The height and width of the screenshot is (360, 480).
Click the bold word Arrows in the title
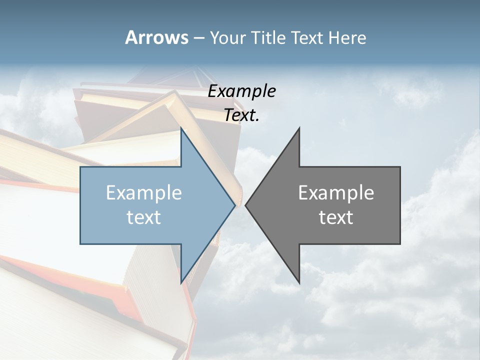(156, 37)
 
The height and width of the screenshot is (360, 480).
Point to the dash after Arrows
(198, 38)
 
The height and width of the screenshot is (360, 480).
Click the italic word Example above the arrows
(242, 91)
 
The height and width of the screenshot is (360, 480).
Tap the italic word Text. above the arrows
(242, 115)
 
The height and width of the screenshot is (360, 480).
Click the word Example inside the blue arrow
(144, 192)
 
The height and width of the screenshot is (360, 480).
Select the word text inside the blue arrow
(144, 217)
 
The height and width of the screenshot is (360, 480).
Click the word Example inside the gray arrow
(336, 192)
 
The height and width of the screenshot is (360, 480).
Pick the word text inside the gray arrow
(336, 217)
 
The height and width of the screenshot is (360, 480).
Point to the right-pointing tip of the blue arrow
(235, 205)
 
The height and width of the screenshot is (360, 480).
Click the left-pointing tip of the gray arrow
(245, 205)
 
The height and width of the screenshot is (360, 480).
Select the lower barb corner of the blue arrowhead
(181, 283)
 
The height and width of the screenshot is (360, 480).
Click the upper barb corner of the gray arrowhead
(299, 128)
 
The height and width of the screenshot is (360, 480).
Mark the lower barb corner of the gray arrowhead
(299, 283)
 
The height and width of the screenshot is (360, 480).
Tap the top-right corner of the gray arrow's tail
(400, 167)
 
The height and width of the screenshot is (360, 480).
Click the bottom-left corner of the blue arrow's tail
(80, 244)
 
